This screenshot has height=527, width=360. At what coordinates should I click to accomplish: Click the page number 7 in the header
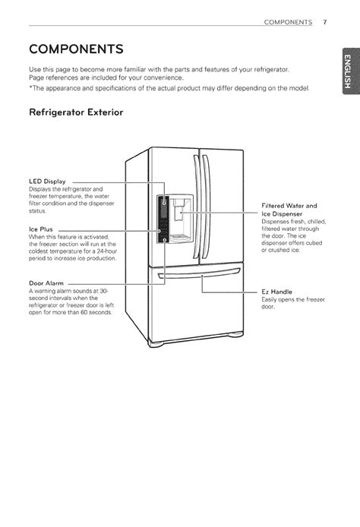[x=325, y=22]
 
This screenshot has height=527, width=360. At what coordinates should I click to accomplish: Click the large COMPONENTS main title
[x=76, y=49]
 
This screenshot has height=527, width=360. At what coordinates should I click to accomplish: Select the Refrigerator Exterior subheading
[x=76, y=112]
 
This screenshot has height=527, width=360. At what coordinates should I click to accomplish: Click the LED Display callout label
[x=47, y=181]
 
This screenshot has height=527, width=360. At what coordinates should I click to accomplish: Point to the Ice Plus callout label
[x=41, y=229]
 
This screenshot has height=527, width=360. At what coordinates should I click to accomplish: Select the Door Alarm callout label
[x=46, y=283]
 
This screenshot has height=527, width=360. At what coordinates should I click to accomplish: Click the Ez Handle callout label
[x=276, y=292]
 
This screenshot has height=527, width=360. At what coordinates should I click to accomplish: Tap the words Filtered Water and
[x=289, y=206]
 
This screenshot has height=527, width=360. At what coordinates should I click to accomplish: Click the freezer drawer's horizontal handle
[x=199, y=273]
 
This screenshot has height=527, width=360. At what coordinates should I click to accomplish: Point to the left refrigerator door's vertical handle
[x=197, y=207]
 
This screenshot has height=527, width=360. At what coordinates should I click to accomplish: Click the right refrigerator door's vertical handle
[x=206, y=207]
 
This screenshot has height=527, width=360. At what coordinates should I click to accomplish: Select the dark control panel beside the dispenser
[x=163, y=219]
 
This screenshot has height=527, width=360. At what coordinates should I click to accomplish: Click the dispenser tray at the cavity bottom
[x=179, y=237]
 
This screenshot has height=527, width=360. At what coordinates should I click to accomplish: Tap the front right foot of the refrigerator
[x=235, y=334]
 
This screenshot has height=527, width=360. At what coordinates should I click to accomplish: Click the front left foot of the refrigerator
[x=156, y=344]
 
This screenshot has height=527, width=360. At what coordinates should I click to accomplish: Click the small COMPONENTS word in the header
[x=288, y=22]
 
